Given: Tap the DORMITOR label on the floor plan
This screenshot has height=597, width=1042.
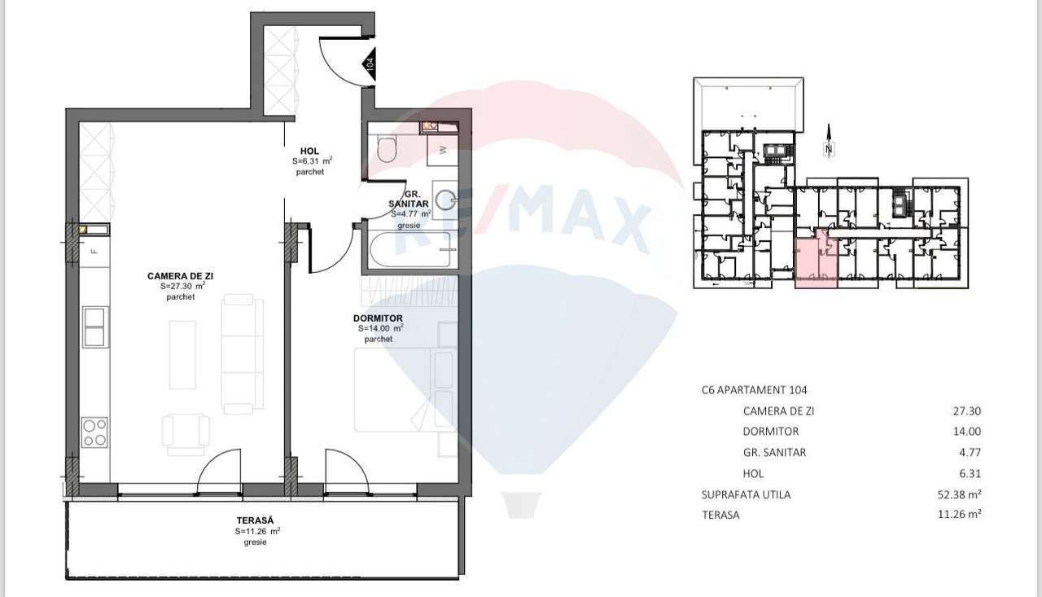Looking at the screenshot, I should click(x=379, y=318).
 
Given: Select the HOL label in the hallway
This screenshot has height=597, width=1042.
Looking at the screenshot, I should click(x=309, y=151).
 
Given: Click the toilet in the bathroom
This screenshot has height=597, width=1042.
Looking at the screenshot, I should click(x=387, y=150).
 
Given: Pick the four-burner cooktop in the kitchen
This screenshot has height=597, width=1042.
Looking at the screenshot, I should click(x=94, y=431).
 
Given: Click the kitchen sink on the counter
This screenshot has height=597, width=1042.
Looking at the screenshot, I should click(x=94, y=327).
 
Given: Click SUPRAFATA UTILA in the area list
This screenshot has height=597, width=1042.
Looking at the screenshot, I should click(x=746, y=494).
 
